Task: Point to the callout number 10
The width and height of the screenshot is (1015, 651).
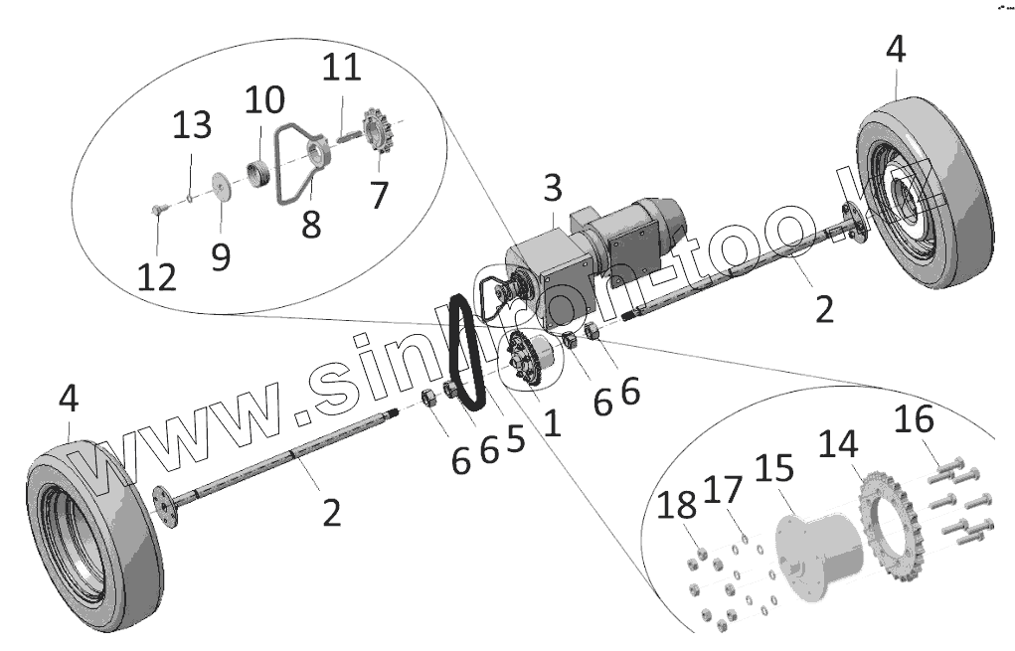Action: (264, 100)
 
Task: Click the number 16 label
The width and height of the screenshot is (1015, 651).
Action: (914, 420)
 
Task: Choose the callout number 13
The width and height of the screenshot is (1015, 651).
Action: (193, 126)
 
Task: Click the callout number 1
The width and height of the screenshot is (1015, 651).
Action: (552, 422)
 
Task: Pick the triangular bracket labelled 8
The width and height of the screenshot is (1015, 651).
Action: (294, 169)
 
